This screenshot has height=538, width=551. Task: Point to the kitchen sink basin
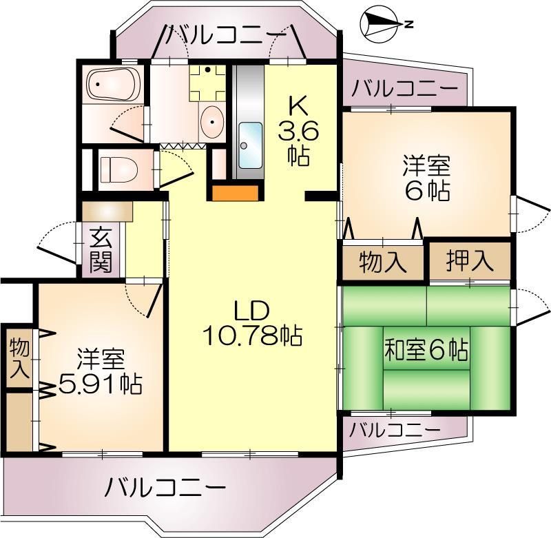249,136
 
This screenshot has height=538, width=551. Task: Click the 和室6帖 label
426,351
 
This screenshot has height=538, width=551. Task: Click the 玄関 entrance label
101,250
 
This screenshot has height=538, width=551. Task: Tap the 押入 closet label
470,260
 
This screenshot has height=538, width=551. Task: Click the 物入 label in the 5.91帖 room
19,358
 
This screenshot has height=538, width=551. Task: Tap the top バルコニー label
226,34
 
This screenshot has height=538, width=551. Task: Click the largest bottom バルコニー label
166,488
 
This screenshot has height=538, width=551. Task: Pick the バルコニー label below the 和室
394,431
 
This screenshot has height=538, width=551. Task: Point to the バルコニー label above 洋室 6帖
404,89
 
